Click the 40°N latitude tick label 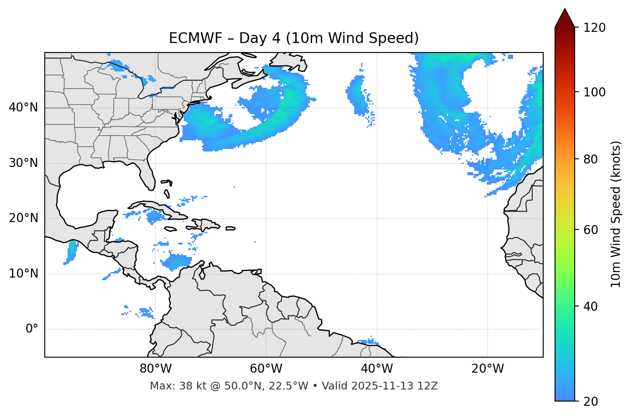click(x=23, y=108)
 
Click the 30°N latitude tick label click(x=23, y=163)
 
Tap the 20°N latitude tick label click(x=23, y=218)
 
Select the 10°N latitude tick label click(x=23, y=274)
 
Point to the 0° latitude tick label click(x=31, y=329)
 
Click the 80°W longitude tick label click(x=155, y=369)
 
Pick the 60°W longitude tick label click(x=266, y=369)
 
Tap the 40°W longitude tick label click(x=377, y=369)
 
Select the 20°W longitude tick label click(x=487, y=369)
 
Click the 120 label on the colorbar click(x=594, y=28)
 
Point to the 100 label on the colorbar click(x=594, y=92)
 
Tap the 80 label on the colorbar click(x=591, y=159)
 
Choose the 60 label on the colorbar click(x=591, y=230)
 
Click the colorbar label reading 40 click(x=591, y=306)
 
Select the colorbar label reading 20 click(x=591, y=402)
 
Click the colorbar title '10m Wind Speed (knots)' click(x=616, y=214)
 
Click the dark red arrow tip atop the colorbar click(x=565, y=17)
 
